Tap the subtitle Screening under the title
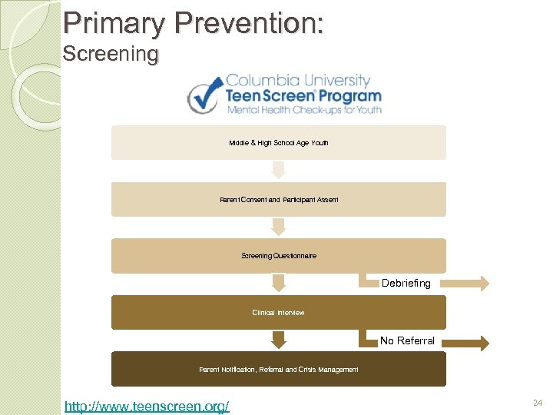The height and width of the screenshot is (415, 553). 110,55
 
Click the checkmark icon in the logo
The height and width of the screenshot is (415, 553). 205,96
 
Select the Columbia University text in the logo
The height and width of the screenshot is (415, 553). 298,80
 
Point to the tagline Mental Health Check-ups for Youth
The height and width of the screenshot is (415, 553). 303,110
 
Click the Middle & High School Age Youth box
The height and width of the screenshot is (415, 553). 278,143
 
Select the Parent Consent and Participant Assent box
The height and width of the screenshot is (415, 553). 278,200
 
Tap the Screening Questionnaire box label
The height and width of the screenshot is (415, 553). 278,256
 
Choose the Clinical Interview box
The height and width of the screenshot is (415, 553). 278,313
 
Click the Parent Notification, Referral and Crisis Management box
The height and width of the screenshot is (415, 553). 278,370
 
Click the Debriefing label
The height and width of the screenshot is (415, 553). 406,284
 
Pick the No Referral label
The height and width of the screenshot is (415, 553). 407,340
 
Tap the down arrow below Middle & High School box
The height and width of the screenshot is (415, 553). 278,169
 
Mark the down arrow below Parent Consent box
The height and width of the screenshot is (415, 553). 278,226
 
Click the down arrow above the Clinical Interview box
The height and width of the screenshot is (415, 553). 278,284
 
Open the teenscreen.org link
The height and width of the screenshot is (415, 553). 147,405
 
